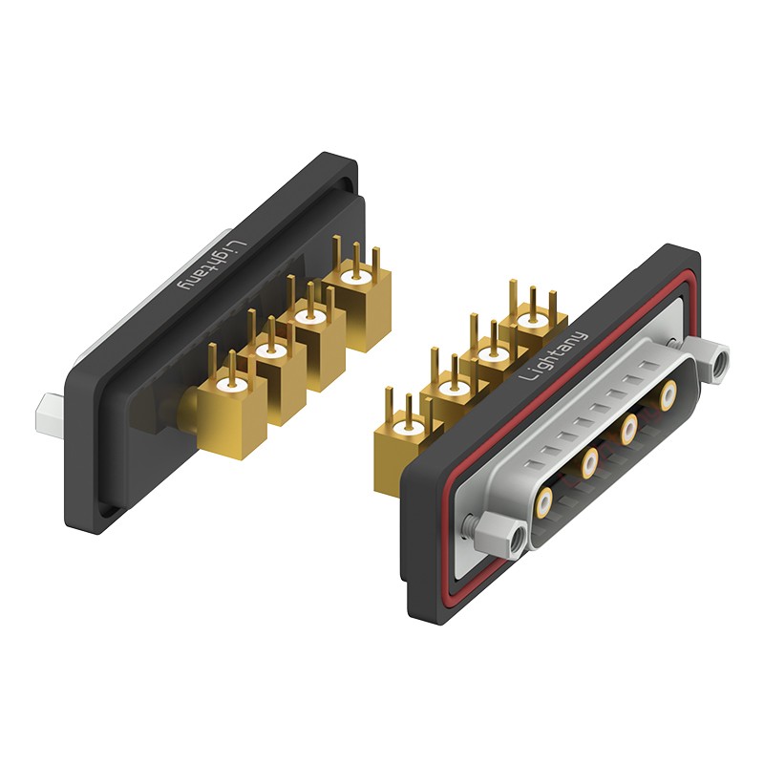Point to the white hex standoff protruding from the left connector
[x=50, y=414]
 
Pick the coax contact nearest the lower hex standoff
[x=544, y=504]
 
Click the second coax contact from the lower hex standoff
[x=589, y=463]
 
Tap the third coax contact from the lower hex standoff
[x=629, y=428]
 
